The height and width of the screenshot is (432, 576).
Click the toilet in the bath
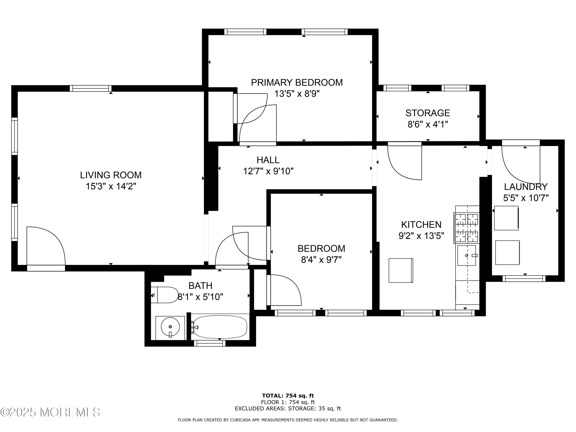point(165,295)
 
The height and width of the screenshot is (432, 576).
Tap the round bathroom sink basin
point(170,327)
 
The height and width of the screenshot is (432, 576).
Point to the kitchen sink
point(467,255)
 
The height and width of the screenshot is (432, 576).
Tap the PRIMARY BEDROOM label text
point(297,82)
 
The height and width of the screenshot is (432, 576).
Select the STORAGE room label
point(428,113)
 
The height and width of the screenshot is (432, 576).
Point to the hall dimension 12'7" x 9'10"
point(268,171)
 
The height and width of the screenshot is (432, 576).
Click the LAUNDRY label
point(526,187)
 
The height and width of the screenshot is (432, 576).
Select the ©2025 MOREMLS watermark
point(50,412)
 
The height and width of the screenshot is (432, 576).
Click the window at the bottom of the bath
point(210,343)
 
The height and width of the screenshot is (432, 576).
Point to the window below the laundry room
point(524,278)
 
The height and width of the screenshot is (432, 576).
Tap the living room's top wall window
point(91,88)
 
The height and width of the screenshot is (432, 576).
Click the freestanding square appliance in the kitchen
point(401,270)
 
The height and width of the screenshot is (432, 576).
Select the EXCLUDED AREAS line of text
point(288,408)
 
